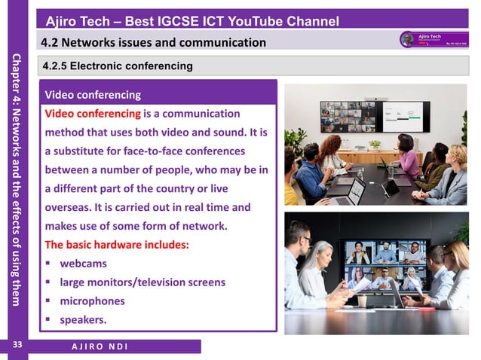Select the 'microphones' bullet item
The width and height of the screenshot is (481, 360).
(x=92, y=301)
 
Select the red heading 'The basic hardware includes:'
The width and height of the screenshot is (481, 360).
(x=117, y=245)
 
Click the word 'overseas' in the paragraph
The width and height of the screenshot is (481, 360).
(x=69, y=207)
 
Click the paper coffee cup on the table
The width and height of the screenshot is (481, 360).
(x=362, y=301)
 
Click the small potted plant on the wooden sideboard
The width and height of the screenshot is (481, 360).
(x=375, y=145)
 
